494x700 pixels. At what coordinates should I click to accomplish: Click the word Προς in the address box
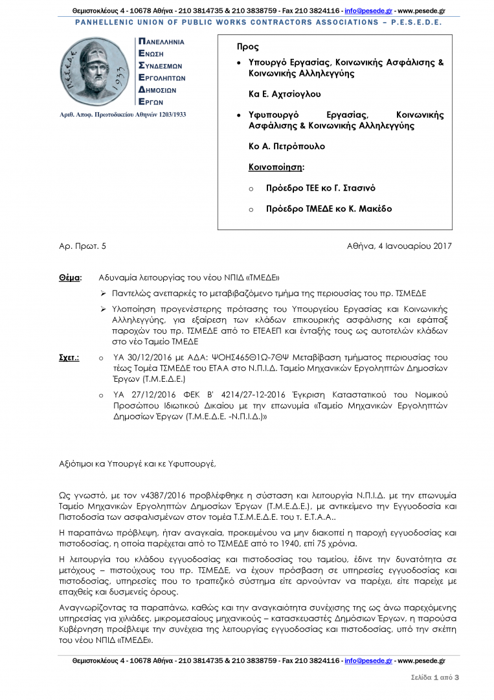248,47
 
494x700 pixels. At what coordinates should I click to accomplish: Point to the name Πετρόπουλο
298,146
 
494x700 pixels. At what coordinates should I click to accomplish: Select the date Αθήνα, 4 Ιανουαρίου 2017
399,246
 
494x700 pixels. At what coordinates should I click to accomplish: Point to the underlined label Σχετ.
69,357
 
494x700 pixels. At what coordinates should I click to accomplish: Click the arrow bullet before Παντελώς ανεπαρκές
103,293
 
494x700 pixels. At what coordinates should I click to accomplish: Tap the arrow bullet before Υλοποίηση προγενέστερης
103,309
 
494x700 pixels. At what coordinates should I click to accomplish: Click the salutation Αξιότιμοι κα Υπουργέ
136,464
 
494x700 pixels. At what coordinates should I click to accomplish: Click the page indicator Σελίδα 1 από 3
434,677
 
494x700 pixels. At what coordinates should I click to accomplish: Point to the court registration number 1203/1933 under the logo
168,115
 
